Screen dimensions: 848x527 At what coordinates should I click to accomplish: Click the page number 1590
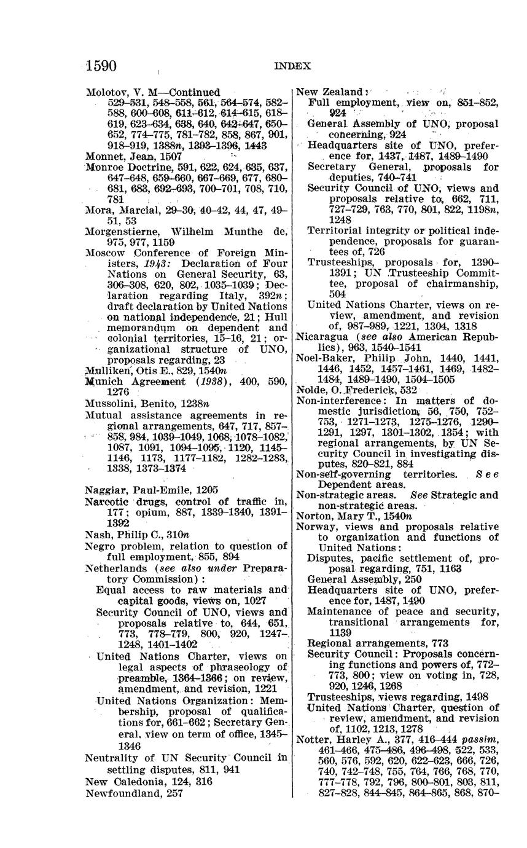coord(102,66)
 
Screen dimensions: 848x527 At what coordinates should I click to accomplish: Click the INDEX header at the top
coord(292,66)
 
